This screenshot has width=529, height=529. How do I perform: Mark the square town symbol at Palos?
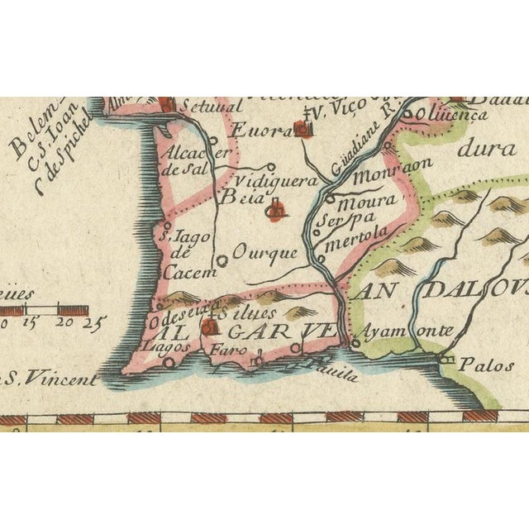coord(448,360)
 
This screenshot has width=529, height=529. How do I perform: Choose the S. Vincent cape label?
coord(50,379)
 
